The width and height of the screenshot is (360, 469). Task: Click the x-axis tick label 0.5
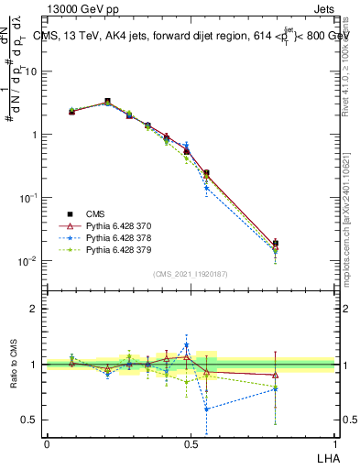pos(191,443)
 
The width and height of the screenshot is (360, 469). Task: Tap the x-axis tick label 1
pos(334,443)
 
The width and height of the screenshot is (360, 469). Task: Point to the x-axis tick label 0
pos(47,443)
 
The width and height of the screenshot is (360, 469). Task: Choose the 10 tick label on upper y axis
pos(30,71)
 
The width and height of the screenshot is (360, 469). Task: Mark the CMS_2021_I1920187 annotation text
pos(190,274)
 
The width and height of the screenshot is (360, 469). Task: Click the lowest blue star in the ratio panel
pos(207,409)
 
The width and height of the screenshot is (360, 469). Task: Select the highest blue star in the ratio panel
pos(187,345)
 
